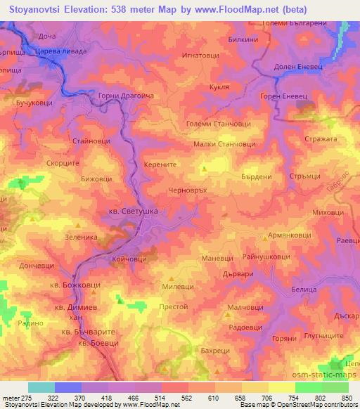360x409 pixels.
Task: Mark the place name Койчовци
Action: (x=129, y=259)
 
